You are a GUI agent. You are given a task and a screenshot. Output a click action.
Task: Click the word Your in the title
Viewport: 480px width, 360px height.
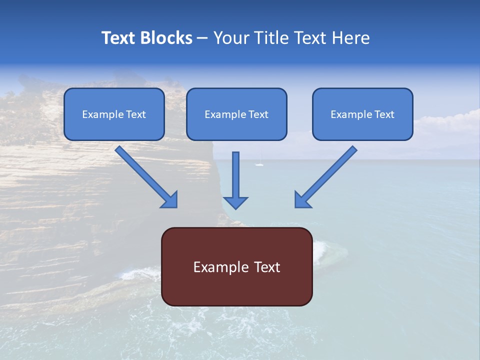pyautogui.click(x=230, y=38)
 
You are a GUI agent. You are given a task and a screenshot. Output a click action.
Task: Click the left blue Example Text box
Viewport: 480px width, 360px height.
pyautogui.click(x=114, y=114)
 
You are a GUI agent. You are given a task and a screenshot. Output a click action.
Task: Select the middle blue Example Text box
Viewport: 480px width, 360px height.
pyautogui.click(x=236, y=114)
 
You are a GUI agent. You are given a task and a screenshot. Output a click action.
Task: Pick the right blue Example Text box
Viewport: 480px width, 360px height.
pyautogui.click(x=362, y=114)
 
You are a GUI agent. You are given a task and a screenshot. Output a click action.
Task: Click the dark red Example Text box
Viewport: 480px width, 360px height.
pyautogui.click(x=237, y=266)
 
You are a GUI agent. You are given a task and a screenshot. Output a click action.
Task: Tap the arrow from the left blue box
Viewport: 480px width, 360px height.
pyautogui.click(x=145, y=175)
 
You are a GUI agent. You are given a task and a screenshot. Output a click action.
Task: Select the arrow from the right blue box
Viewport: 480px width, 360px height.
pyautogui.click(x=327, y=175)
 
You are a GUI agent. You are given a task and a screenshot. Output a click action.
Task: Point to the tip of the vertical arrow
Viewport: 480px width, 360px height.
pyautogui.click(x=235, y=207)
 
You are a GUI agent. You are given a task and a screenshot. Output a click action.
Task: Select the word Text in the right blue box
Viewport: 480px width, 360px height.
pyautogui.click(x=384, y=114)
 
